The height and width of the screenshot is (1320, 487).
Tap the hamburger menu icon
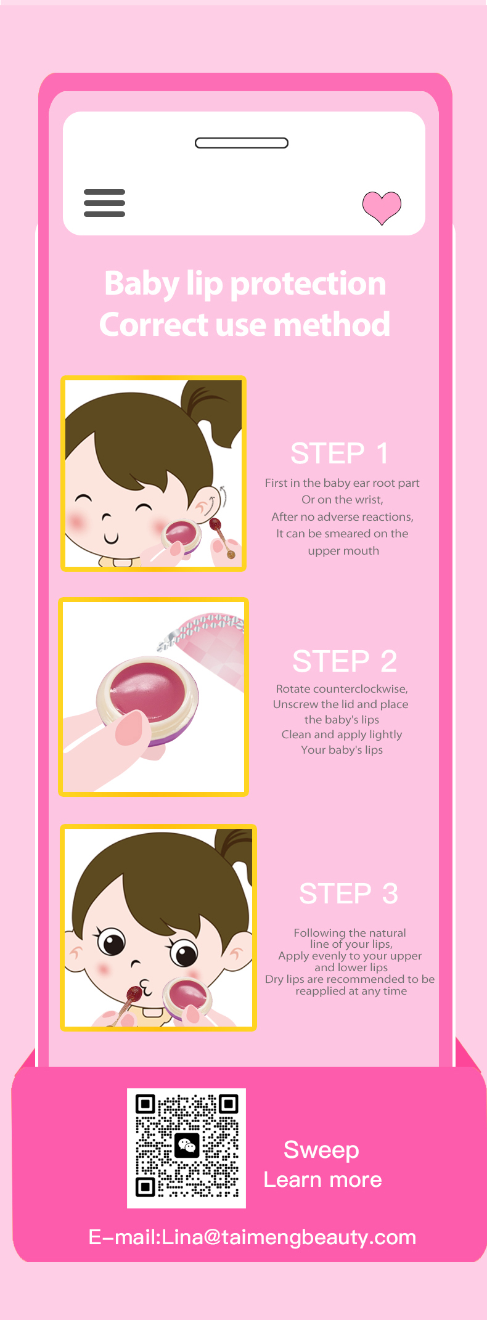(104, 203)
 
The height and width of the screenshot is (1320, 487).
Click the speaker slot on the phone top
(242, 143)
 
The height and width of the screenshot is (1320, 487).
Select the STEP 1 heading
(340, 454)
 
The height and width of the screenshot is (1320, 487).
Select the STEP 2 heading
(345, 661)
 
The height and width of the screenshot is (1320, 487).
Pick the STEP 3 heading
(348, 894)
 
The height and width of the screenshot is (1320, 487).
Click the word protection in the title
(308, 285)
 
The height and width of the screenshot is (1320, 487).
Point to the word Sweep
(321, 1151)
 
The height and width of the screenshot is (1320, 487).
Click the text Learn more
(322, 1179)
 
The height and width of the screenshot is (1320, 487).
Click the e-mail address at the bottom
(252, 1237)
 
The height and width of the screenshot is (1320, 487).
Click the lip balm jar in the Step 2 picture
(148, 696)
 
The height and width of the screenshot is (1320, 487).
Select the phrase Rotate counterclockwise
(342, 689)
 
